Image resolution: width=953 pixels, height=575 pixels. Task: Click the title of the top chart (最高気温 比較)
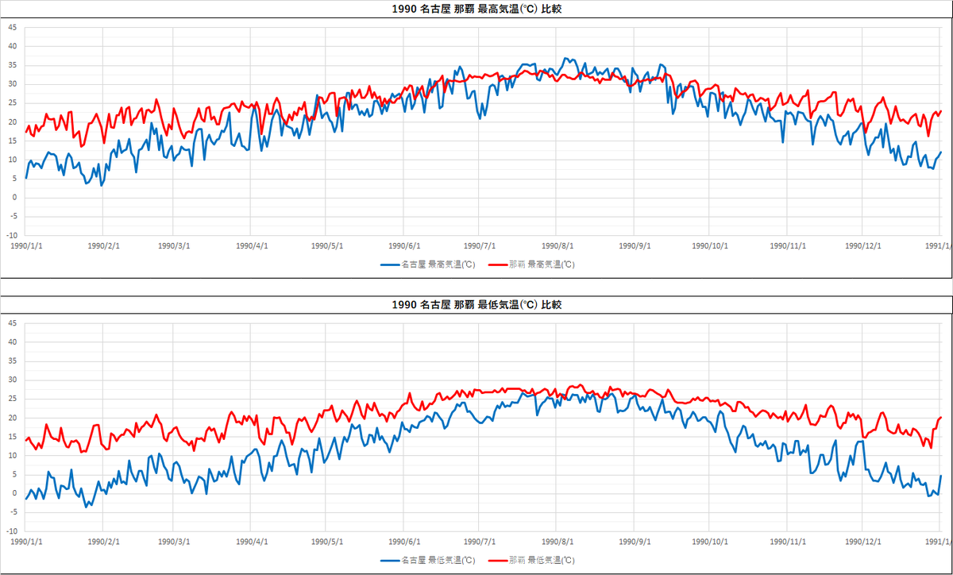coord(476,10)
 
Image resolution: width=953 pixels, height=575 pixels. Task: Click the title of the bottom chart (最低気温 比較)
coord(476,305)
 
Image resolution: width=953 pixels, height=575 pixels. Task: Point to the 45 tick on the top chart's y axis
coord(12,27)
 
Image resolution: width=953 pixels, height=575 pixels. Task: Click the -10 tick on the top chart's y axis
coord(11,236)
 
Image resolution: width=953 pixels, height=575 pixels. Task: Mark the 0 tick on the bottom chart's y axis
coord(14,493)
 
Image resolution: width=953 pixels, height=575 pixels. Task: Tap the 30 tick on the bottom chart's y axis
coord(12,380)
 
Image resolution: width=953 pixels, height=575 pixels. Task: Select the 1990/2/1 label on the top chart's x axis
coord(102,245)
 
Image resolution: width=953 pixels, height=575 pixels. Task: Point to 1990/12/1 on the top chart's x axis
coord(862,245)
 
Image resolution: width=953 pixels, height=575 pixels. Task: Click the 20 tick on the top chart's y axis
coord(12,122)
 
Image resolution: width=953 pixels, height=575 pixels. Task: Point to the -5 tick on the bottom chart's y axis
coord(12,512)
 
